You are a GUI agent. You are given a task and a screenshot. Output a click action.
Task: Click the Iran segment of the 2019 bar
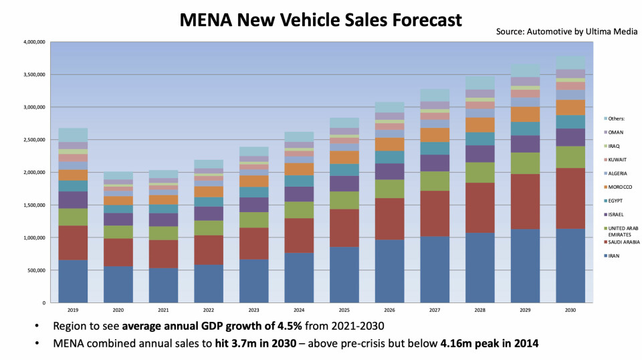coord(73,281)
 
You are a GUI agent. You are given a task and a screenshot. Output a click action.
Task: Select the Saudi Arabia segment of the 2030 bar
coord(570,198)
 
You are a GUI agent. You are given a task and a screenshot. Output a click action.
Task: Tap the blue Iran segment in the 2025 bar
coord(344,274)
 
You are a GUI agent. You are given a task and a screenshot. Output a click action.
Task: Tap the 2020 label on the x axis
coord(118,310)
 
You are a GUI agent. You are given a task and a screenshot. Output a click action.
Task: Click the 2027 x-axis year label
coord(435,310)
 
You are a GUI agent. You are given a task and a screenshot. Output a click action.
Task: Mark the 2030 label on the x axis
coord(570,310)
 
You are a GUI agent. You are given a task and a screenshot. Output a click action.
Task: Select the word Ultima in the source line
coord(591,32)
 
